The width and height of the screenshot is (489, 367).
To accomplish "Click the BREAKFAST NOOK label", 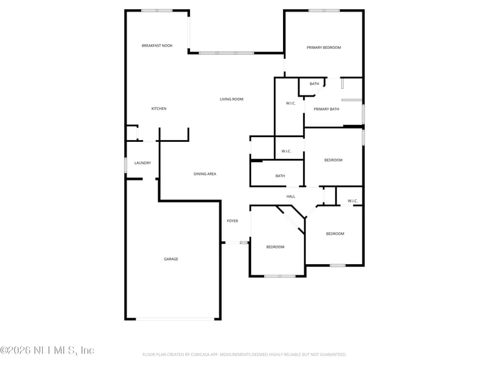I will [157, 46].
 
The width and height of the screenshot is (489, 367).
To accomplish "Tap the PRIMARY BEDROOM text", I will [323, 47].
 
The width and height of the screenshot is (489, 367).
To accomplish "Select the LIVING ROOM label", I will [232, 99].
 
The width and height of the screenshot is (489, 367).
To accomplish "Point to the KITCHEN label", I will [159, 109].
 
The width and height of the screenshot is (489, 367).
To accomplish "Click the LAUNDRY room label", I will [142, 163].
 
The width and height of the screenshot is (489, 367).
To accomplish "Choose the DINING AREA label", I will [205, 174].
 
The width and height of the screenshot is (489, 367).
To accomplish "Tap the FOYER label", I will [232, 221].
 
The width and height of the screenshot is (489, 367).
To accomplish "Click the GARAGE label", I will [171, 259].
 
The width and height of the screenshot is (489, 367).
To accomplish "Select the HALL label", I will [291, 196].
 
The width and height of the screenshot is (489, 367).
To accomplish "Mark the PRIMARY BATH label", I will [326, 109].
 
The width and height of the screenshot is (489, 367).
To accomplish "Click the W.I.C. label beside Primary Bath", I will [291, 103].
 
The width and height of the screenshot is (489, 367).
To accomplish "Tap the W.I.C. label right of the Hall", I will [353, 201].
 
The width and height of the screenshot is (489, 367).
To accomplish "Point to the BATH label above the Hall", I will [280, 176].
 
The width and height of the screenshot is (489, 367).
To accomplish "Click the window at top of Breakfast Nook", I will [156, 10].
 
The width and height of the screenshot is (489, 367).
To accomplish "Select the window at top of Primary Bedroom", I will [324, 10].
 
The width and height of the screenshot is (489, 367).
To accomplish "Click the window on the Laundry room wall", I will [126, 165].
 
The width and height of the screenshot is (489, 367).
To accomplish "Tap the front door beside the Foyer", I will [235, 243].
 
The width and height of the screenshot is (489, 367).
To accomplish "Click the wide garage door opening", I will [175, 319].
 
